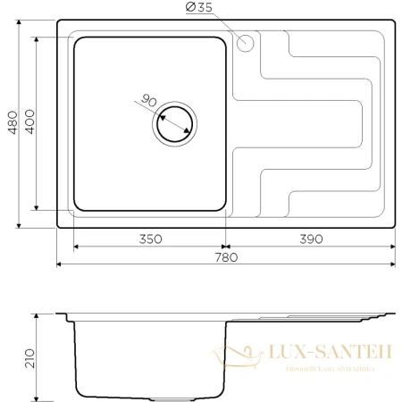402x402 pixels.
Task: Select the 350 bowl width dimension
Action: [x=149, y=239]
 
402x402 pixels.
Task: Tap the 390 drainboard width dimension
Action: [x=309, y=239]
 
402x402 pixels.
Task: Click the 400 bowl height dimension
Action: [x=29, y=124]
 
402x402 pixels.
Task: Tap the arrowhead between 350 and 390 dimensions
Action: [x=225, y=246]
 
